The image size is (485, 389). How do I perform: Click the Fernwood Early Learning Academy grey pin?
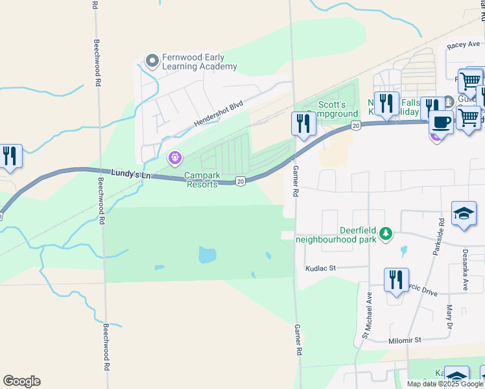click(x=152, y=61)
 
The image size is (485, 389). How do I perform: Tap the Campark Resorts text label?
click(x=202, y=180)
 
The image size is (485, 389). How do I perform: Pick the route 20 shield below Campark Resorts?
click(x=240, y=182)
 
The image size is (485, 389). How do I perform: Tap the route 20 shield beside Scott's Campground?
click(x=355, y=124)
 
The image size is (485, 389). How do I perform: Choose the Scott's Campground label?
click(x=337, y=109)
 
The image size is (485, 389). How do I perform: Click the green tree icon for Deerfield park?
click(x=386, y=233)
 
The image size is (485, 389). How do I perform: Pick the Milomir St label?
click(x=405, y=340)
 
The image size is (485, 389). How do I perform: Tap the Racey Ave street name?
click(x=462, y=47)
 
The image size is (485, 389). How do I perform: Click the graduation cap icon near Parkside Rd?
click(x=464, y=213)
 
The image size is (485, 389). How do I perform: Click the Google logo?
click(x=21, y=381)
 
